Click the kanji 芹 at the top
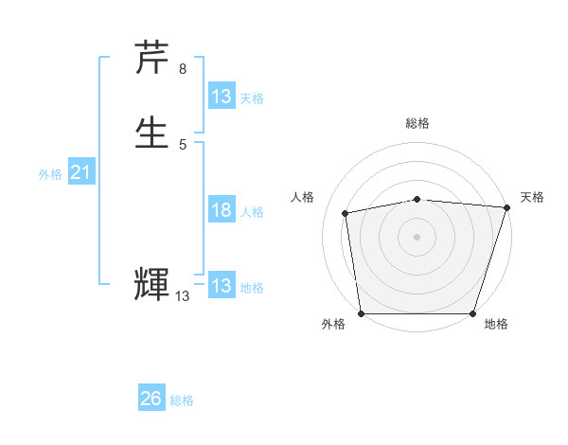coord(152,58)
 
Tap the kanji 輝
coord(152,284)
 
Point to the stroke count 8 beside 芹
coord(183,68)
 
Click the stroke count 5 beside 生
coord(183,144)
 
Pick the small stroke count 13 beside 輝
coord(182,296)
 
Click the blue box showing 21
coord(80,172)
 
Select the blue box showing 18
coord(221,210)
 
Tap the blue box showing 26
coord(151,399)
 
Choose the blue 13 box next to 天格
coord(221,97)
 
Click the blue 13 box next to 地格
coord(221,286)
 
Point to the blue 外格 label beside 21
coord(50,174)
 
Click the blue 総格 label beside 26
coord(182,400)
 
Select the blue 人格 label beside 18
coord(253,212)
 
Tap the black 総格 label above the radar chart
coord(417,123)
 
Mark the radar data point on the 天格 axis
coord(506,207)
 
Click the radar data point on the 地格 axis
coord(472,313)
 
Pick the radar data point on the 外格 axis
coord(361,313)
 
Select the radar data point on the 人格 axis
coord(346,213)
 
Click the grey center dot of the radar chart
coord(417,236)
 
